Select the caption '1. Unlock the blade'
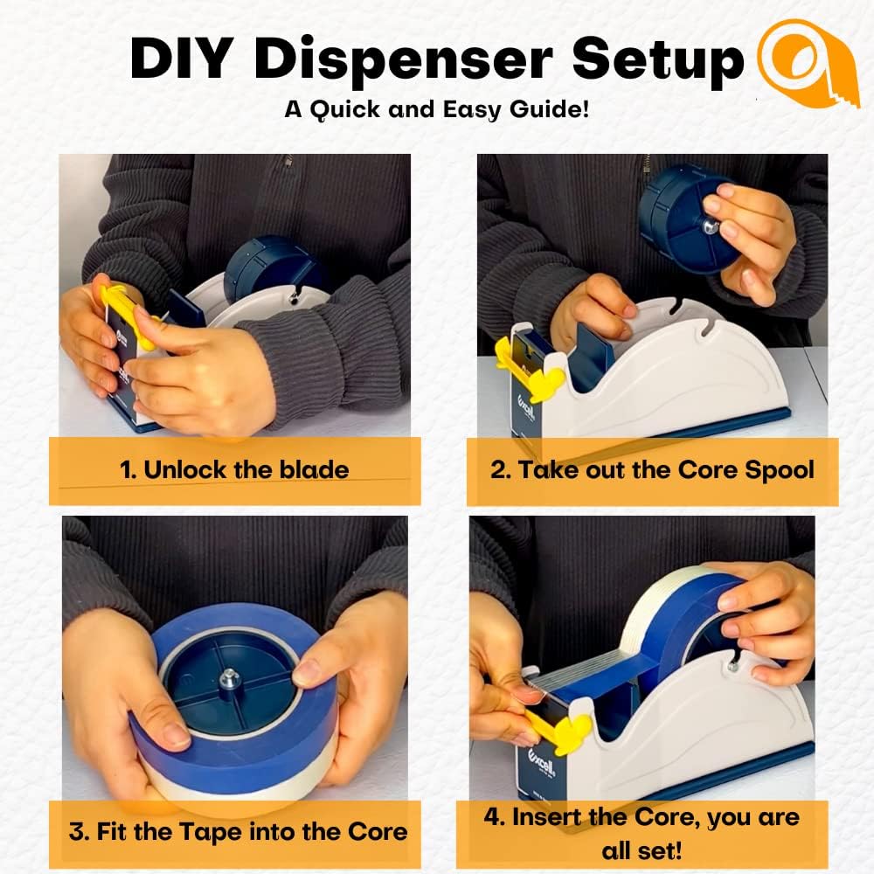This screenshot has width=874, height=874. (234, 469)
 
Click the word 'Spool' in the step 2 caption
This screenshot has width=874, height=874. (780, 469)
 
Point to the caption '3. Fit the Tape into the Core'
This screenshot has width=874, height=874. (238, 830)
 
